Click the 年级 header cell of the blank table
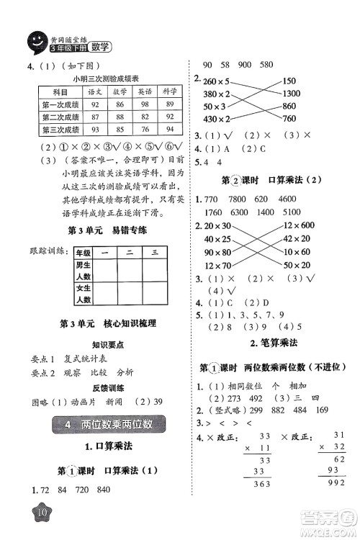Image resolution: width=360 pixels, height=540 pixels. pos(84,253)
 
